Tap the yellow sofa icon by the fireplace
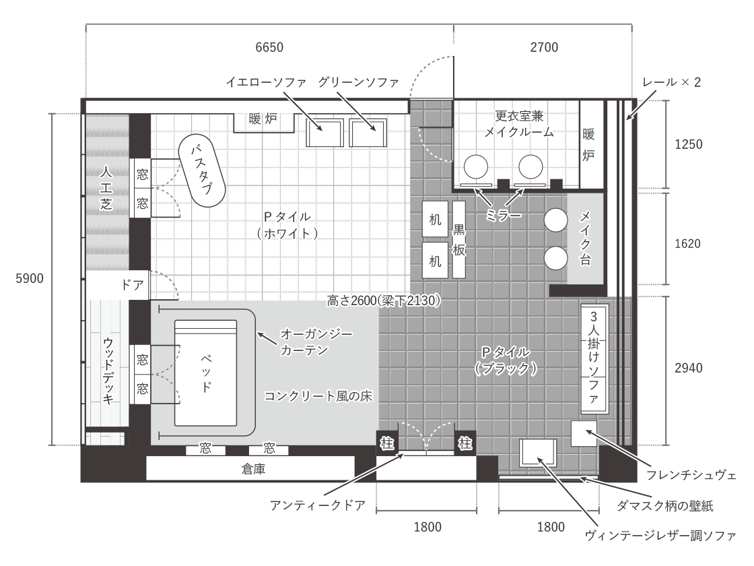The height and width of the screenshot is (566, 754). coord(324,132)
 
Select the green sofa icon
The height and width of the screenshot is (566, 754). coord(368,132)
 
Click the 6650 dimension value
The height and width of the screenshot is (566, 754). coord(269,47)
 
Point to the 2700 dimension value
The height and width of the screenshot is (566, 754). coord(545,47)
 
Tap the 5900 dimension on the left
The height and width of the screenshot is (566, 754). coord(30,278)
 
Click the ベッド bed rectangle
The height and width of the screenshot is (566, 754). coord(205,373)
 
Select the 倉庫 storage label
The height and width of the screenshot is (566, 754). coord(253,469)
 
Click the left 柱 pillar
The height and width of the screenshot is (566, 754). coord(386,443)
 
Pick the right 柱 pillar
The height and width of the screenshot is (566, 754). coord(465,443)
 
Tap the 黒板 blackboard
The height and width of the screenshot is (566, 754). coord(459,240)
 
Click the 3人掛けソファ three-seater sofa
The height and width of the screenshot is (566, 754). coord(595,358)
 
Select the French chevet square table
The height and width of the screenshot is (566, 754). coord(584,433)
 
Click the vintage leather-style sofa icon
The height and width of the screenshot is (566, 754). coord(538,452)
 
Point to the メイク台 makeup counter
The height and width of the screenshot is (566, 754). coord(585,239)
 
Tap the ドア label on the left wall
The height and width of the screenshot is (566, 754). coord(132,285)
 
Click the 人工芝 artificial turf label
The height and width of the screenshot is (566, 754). coord(106,188)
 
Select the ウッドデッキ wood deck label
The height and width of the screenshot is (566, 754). coord(108,371)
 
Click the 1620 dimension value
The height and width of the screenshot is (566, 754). coord(687,243)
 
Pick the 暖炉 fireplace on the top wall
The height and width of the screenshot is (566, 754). coord(263,122)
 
